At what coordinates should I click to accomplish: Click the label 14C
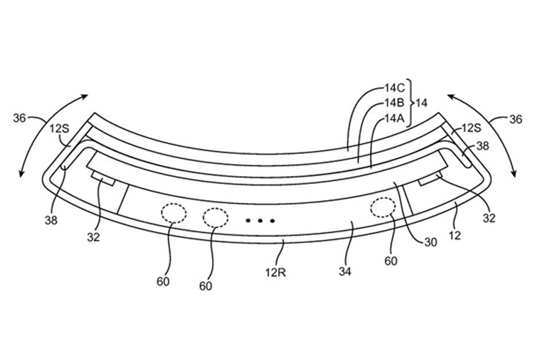point(395,89)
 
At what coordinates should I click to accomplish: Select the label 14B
point(395,103)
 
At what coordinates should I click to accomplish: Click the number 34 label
point(345,272)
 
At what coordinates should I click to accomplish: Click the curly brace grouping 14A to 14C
point(409,103)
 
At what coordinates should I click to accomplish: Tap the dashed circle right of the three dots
point(383,208)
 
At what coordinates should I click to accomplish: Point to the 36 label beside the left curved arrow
point(19,118)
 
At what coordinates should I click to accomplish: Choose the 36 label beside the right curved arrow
point(515,119)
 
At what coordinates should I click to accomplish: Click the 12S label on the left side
point(59,129)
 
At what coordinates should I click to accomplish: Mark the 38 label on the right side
point(483,146)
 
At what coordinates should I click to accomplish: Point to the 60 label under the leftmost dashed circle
point(164,281)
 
